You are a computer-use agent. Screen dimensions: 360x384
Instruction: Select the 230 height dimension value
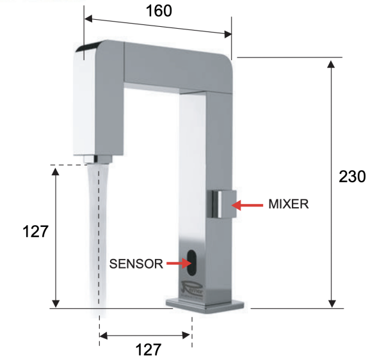click(352, 177)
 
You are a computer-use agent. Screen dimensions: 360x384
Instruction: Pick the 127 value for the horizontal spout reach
click(147, 349)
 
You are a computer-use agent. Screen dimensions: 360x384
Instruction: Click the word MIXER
click(288, 205)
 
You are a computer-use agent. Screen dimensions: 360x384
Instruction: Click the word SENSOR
click(136, 263)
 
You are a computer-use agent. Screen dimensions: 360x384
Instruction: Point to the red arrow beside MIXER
click(247, 205)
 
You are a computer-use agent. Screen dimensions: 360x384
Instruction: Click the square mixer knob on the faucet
click(221, 205)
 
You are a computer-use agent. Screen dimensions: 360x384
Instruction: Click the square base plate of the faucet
click(205, 306)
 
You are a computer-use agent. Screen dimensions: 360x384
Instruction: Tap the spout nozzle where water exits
click(98, 158)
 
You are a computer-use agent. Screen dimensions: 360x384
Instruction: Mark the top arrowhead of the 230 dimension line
click(332, 65)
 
